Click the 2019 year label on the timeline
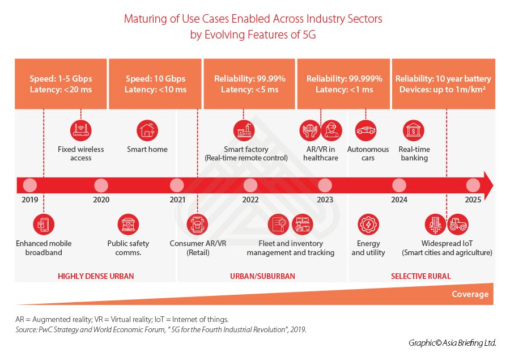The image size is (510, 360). click(x=30, y=200)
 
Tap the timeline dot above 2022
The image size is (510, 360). click(x=250, y=185)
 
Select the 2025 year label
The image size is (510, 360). click(x=473, y=200)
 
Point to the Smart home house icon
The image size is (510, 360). click(x=147, y=131)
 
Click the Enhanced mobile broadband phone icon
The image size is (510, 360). click(x=44, y=225)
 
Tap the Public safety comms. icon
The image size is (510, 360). click(x=128, y=225)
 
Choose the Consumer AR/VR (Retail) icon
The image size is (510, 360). click(x=198, y=225)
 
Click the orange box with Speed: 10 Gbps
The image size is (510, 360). click(x=155, y=84)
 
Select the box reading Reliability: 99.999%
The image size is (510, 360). click(x=344, y=84)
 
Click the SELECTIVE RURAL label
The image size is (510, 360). click(x=420, y=276)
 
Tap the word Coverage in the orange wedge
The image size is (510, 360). click(x=470, y=294)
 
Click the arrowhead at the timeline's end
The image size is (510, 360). click(x=487, y=185)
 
